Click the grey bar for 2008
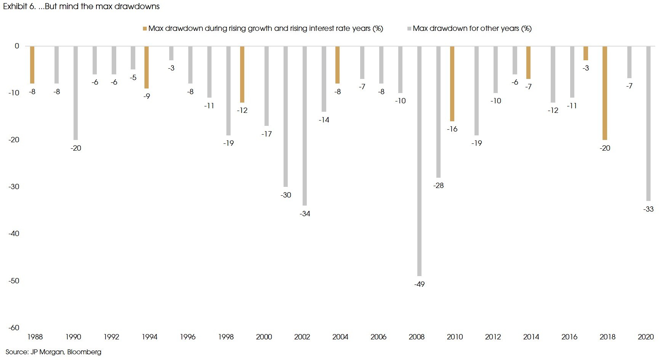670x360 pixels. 419,160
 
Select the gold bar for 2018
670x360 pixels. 605,93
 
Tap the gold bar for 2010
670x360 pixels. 452,84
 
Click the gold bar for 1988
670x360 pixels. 32,65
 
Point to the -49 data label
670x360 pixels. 419,284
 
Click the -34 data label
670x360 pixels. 305,214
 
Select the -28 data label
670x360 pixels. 439,186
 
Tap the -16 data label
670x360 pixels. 452,129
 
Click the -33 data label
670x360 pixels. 648,209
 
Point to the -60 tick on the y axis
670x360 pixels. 14,328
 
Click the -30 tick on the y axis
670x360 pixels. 14,186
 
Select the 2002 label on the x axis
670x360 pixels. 302,337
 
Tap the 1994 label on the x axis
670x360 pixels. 149,337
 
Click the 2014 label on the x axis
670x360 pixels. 531,337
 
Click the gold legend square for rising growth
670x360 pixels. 145,29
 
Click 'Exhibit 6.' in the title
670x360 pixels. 19,6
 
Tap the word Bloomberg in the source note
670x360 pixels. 84,352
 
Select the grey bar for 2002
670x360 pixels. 305,126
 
